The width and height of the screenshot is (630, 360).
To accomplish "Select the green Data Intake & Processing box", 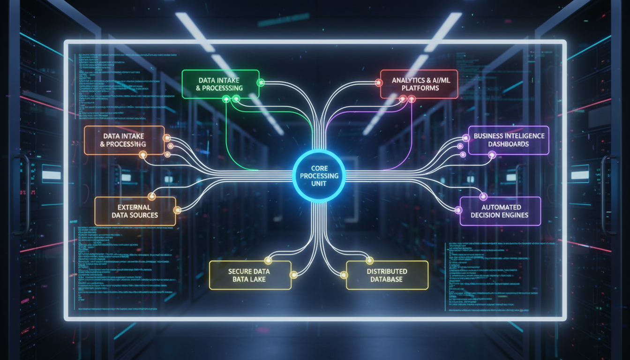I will pos(220,84).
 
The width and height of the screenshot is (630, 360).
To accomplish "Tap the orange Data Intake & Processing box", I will pos(124,140).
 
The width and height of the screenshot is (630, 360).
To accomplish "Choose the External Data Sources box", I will pos(135,211).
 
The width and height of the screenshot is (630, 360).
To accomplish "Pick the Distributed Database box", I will pos(387,275).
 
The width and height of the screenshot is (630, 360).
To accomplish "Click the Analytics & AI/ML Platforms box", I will pos(419,84).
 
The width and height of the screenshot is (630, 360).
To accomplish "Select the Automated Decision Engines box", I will pos(500,211).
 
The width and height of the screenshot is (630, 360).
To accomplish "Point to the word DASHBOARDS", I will pos(508,144).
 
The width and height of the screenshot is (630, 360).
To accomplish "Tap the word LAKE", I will pos(257,279).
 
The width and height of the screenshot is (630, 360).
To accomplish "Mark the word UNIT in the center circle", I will pos(319,183).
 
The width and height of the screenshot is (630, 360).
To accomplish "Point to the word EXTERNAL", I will pos(135,207).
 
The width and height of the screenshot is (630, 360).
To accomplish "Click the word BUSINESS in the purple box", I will pos(489,136).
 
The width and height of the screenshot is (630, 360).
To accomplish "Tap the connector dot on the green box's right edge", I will pos(261,83).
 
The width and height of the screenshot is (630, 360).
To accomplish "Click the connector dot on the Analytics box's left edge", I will pos(378,83).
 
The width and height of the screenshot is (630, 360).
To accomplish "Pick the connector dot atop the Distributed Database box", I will pos(369,260).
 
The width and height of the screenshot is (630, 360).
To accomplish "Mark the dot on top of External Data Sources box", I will pos(151,196).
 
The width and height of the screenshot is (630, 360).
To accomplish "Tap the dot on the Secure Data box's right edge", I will pos(293,275).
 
